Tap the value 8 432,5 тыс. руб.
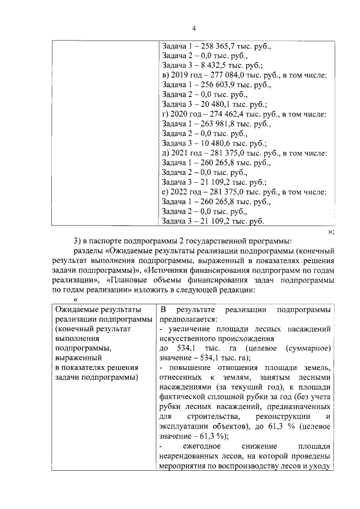(217, 66)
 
